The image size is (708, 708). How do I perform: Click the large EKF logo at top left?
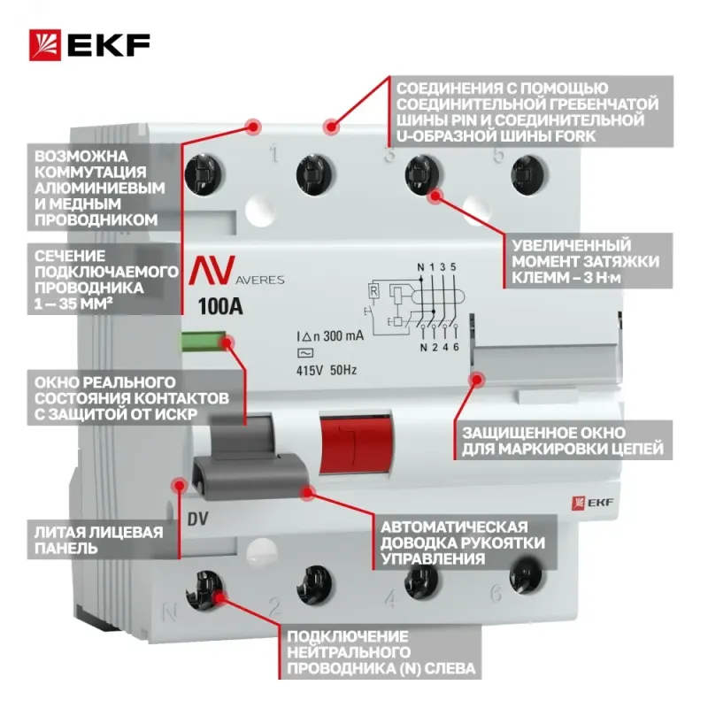pos(89,45)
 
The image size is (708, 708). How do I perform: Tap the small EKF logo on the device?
pos(592,503)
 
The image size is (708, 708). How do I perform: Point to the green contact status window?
pos(204,342)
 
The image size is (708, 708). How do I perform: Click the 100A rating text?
pos(220,306)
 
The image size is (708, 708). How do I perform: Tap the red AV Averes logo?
pos(236,271)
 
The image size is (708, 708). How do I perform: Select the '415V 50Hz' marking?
pos(327,370)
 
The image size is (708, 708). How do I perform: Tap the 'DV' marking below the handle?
pos(197,519)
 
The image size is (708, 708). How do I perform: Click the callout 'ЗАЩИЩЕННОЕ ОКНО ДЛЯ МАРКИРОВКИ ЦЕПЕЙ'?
pos(563,441)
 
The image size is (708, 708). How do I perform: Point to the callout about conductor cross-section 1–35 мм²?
pos(104,280)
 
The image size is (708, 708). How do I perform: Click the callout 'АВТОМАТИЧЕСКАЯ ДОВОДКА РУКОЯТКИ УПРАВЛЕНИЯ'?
pos(464,543)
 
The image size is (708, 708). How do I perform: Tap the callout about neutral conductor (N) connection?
pos(380,651)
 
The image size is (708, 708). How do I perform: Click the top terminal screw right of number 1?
pos(315,174)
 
